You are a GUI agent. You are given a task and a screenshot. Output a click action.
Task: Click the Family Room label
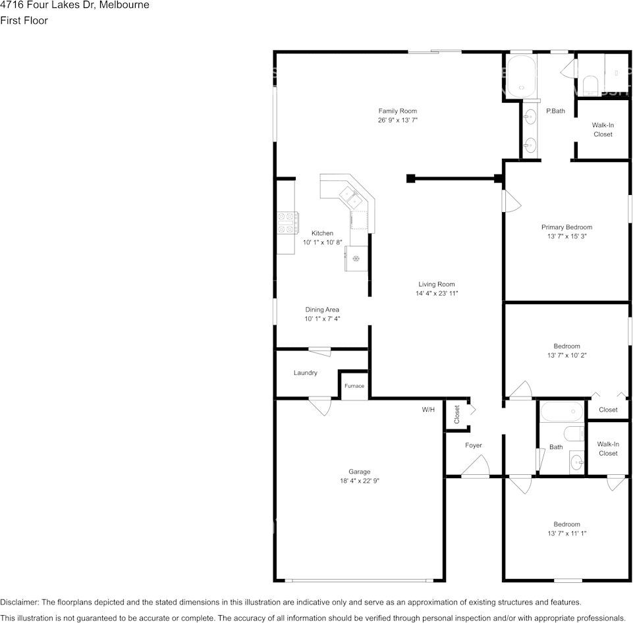click(398, 111)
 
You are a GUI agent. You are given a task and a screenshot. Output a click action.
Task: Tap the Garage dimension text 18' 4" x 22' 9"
click(359, 481)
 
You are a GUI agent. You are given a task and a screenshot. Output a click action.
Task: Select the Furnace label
click(354, 386)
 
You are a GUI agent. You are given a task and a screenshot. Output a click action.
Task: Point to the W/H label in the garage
click(428, 410)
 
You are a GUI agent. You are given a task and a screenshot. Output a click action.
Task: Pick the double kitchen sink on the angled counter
click(350, 198)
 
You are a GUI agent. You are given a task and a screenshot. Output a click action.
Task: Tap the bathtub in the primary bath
click(522, 76)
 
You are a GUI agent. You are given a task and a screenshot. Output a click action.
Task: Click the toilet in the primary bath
click(590, 86)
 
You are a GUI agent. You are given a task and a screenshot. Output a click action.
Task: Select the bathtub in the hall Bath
click(562, 412)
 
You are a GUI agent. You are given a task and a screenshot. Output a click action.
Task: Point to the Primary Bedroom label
click(566, 227)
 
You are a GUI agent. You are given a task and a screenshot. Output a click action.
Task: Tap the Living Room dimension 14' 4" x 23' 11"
click(437, 293)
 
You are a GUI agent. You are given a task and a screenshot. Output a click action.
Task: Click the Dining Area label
click(322, 310)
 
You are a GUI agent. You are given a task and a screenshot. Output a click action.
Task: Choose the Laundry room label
click(305, 373)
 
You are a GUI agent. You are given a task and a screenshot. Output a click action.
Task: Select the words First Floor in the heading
click(24, 20)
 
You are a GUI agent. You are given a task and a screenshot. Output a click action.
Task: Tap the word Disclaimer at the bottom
click(19, 602)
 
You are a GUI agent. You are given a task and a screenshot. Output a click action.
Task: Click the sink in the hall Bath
click(576, 461)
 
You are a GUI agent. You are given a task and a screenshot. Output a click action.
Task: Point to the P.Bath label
click(555, 111)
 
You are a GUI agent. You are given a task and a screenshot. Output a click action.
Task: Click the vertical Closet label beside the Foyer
click(457, 414)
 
